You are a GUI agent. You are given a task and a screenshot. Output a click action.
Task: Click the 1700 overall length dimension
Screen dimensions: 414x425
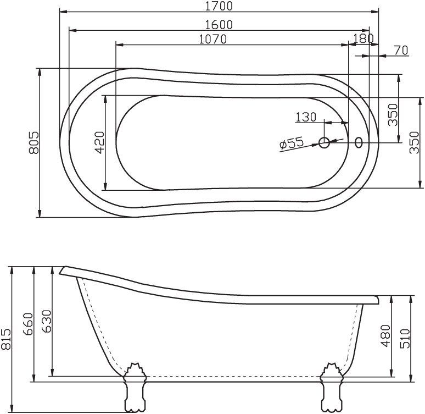[x=219, y=7]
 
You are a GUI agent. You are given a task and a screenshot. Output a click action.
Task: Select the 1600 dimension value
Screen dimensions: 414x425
[x=219, y=25]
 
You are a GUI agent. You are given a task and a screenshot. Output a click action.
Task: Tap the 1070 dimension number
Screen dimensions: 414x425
[x=213, y=39]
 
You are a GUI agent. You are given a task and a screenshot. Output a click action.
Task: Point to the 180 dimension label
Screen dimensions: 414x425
[x=364, y=38]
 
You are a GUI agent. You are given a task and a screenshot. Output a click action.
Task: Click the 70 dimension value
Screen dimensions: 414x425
[x=400, y=51]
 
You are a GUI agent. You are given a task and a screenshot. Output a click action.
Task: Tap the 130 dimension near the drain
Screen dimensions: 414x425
[x=306, y=117]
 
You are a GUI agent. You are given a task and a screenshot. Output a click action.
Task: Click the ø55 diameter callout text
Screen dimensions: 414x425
[x=292, y=143]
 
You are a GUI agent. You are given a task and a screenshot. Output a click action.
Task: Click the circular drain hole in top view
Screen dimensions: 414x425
[x=325, y=143]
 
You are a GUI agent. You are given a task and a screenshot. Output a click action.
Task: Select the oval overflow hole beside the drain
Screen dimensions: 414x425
[x=359, y=143]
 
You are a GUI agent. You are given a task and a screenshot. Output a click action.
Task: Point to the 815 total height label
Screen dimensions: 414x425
[x=7, y=339]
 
